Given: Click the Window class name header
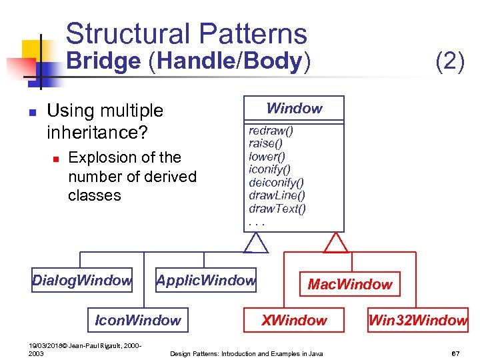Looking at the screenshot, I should pos(294,109).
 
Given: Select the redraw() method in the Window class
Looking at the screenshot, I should pos(271,131).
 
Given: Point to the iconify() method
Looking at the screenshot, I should pos(269,169).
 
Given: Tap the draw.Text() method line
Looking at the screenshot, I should pos(277,209).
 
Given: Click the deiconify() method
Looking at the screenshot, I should pos(276,182).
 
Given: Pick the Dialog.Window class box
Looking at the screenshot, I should pos(82,281).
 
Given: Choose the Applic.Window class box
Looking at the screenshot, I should pos(206,281).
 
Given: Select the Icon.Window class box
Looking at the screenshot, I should pos(138,321).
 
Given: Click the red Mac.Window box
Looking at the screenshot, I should pos(350,285).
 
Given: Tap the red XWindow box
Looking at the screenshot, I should pos(294,321).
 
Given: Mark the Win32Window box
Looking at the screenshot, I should pos(417,321).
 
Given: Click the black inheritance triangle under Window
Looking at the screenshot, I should pos(255,243).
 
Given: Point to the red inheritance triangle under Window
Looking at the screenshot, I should pos(335,243).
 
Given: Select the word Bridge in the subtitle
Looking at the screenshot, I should pos(104,62).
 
